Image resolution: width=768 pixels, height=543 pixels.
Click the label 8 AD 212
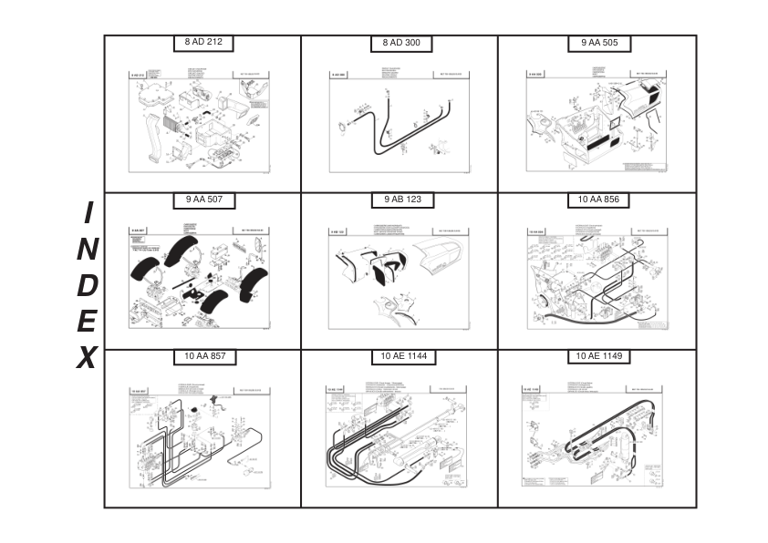(x=204, y=42)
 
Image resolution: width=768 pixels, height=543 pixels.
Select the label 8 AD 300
(x=401, y=43)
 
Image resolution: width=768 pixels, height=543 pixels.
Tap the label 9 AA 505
(x=598, y=43)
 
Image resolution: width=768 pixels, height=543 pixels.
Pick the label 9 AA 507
(x=204, y=200)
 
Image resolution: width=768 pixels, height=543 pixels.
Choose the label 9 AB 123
(x=401, y=200)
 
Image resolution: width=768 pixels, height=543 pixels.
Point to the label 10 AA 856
(x=598, y=200)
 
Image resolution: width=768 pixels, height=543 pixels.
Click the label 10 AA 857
(x=204, y=356)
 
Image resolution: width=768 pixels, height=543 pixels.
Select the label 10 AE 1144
(x=401, y=356)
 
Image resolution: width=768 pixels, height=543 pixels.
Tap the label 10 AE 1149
(x=598, y=356)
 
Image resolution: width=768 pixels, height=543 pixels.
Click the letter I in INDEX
(x=88, y=213)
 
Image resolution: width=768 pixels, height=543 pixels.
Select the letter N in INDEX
(x=88, y=249)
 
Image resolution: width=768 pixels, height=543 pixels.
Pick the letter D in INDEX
(x=88, y=285)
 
